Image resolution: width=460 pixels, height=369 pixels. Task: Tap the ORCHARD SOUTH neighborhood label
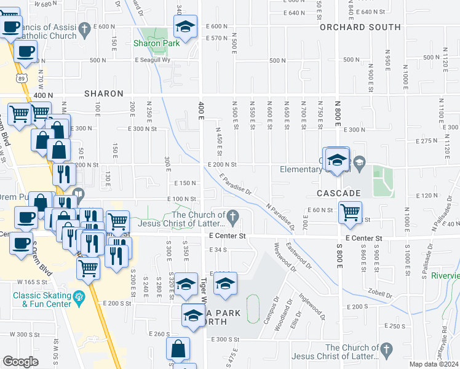[360, 27]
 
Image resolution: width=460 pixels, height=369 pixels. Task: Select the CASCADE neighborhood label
[338, 193]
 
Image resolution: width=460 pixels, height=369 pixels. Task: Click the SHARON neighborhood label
[105, 93]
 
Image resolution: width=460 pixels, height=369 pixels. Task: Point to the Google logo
[20, 362]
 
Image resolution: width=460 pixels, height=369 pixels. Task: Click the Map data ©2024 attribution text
[434, 364]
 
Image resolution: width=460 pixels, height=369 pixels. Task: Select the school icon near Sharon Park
[184, 26]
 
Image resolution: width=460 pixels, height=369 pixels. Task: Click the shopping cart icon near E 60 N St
[350, 213]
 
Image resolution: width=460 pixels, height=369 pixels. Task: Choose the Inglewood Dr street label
[312, 302]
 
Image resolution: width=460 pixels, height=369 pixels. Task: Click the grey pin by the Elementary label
[360, 163]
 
